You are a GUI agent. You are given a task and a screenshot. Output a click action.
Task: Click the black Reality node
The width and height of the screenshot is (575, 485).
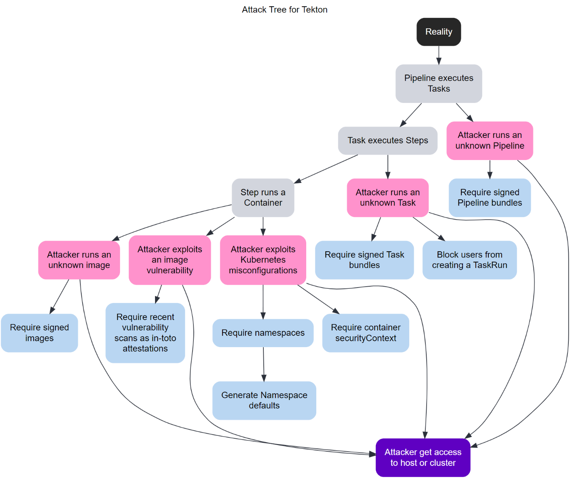[x=438, y=32]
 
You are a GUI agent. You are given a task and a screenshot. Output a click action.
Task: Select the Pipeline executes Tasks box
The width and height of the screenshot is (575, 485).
[x=438, y=83]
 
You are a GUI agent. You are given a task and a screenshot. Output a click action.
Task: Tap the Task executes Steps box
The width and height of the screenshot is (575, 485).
[x=387, y=140]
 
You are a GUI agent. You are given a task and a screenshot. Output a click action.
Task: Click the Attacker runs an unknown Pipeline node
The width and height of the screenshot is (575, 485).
[x=490, y=140]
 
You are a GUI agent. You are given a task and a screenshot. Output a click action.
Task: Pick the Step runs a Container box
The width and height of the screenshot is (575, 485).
[x=263, y=197]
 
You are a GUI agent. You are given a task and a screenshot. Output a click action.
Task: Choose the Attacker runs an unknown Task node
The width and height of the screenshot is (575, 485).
[x=387, y=197]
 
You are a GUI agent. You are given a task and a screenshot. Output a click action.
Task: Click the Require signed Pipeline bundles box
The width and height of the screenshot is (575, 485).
[x=490, y=197]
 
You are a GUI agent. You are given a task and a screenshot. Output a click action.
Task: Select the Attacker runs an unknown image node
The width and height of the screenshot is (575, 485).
[x=79, y=260]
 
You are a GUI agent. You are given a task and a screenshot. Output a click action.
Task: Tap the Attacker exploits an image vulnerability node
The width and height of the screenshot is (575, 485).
[x=170, y=260]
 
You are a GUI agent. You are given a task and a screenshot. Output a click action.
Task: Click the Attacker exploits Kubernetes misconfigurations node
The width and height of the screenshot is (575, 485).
[x=263, y=260]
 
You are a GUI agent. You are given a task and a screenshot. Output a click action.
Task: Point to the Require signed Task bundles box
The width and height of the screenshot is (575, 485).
[x=364, y=260]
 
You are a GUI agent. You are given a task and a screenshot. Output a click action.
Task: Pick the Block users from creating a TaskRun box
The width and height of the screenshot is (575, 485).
[x=469, y=260]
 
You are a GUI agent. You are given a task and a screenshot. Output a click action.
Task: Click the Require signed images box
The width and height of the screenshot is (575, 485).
[x=40, y=332]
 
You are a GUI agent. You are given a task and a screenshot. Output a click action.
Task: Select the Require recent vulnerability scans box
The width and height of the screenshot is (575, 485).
[x=145, y=332]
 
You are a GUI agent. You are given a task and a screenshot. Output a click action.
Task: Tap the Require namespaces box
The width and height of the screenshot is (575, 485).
[x=263, y=332]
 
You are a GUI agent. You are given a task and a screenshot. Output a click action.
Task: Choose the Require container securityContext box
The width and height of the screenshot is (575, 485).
[x=365, y=332]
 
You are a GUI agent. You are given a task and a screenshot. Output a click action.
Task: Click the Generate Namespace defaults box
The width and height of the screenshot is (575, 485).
[x=264, y=400]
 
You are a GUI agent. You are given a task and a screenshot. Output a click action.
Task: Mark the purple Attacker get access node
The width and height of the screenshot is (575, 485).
[x=423, y=457]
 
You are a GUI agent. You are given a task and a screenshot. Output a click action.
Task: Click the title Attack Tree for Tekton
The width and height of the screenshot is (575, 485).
[x=285, y=10]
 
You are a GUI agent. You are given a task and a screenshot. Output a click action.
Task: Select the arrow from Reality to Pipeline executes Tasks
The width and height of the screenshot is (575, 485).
[x=438, y=55]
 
